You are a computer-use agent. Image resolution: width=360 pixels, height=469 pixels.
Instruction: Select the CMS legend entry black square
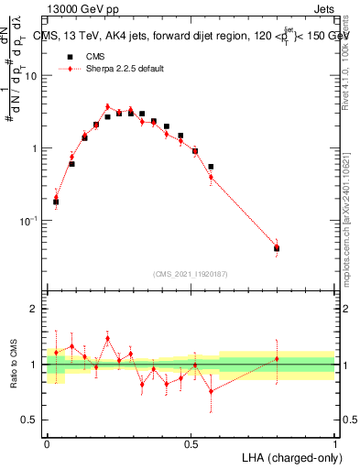pyautogui.click(x=70, y=56)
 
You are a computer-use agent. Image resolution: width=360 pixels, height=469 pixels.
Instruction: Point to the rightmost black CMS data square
pyautogui.click(x=277, y=248)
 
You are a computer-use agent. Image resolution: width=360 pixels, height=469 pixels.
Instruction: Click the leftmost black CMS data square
pyautogui.click(x=56, y=202)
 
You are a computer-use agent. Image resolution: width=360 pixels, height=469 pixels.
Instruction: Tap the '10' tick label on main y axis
pyautogui.click(x=32, y=75)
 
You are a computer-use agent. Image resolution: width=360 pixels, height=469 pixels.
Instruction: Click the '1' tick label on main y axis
pyautogui.click(x=36, y=148)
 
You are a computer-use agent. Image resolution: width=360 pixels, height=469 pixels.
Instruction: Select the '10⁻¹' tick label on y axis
pyautogui.click(x=30, y=221)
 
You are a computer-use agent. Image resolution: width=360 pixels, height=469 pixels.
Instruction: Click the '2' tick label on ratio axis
pyautogui.click(x=36, y=310)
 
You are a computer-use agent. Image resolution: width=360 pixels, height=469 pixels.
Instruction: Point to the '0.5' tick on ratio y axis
pyautogui.click(x=32, y=420)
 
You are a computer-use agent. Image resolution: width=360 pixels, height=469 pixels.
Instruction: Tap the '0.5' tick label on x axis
pyautogui.click(x=191, y=444)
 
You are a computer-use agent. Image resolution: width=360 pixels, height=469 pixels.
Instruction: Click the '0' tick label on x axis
pyautogui.click(x=48, y=444)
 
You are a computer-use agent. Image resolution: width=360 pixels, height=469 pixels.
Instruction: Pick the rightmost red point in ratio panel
pyautogui.click(x=277, y=358)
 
